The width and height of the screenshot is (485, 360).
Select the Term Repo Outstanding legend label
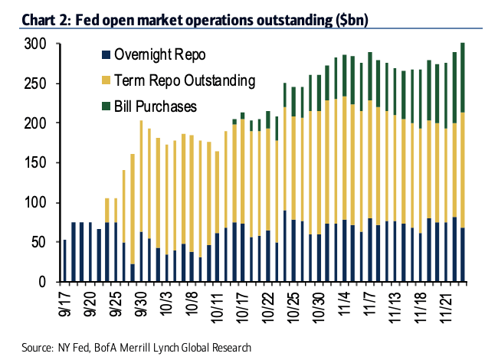(x=185, y=80)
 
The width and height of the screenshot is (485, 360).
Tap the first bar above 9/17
(x=64, y=260)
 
